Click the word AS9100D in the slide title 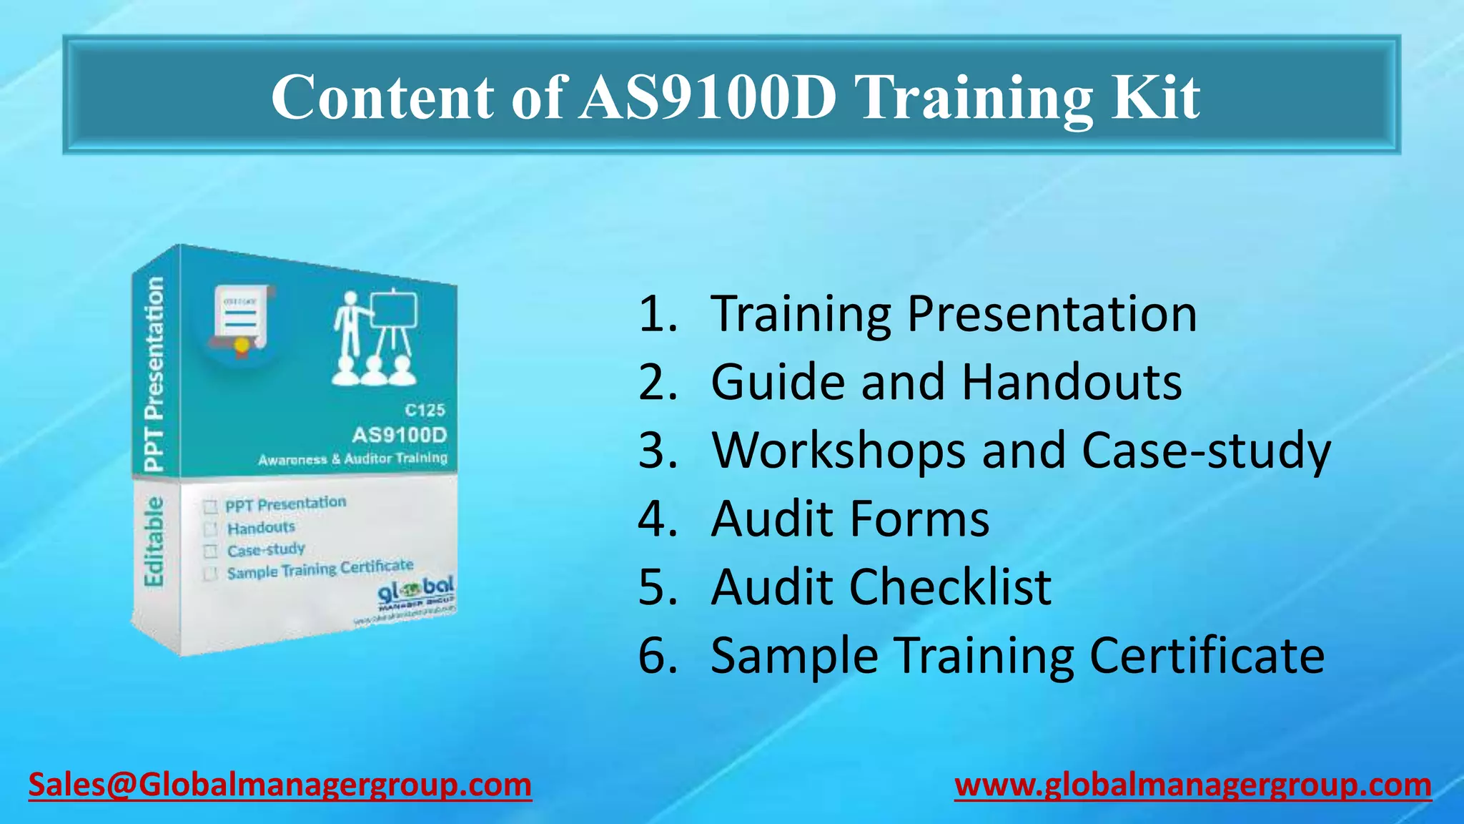pos(708,97)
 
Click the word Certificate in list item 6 pos(1207,655)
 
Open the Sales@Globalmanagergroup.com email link pos(280,785)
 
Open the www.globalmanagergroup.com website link pos(1192,785)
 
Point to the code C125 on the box pos(425,410)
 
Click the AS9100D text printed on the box pos(399,435)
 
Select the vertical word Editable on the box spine pos(154,541)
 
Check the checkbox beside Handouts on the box pos(210,529)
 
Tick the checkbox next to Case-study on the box pos(210,551)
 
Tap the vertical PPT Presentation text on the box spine pos(154,373)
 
